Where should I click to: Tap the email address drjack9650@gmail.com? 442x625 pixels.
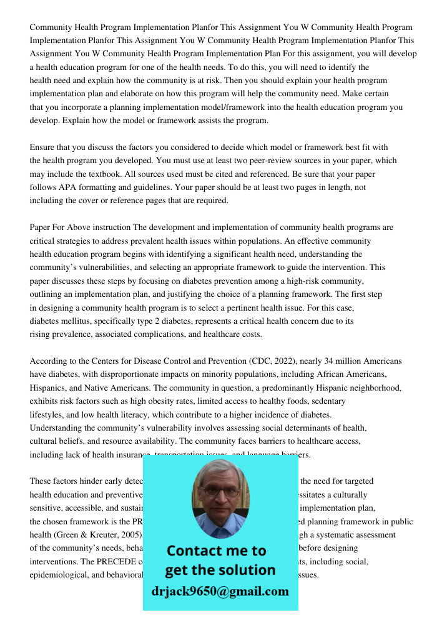tap(220, 591)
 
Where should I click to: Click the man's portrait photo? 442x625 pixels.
tap(220, 498)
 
